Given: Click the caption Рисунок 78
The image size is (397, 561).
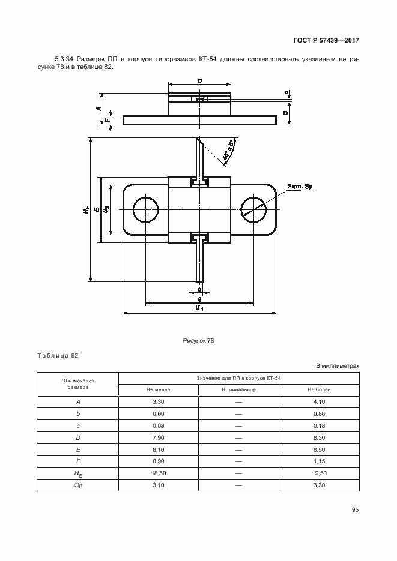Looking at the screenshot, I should (198, 340).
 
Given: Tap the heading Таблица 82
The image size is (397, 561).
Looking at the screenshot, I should (58, 355).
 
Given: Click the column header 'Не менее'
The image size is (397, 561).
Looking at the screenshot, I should (158, 389).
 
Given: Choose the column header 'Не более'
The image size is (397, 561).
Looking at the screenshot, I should (319, 389).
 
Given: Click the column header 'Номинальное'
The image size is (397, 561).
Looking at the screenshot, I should (238, 389).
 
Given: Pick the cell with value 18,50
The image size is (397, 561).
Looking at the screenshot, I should (158, 473).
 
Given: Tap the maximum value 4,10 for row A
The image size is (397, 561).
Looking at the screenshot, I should (319, 401).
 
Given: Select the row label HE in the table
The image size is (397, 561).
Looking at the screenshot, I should (78, 474).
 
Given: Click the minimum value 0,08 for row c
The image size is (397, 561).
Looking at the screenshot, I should (158, 425).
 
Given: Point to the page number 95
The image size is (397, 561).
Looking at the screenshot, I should (355, 510).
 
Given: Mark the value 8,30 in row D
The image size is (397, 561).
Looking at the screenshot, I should (319, 437).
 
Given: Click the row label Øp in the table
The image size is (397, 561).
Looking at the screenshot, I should (78, 485).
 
